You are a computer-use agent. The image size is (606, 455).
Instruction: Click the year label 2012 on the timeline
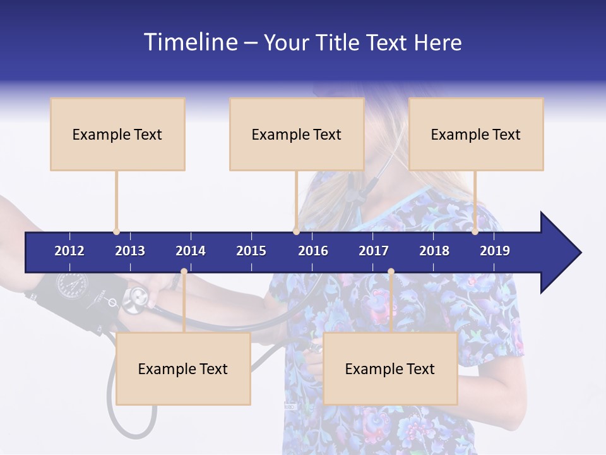(x=69, y=251)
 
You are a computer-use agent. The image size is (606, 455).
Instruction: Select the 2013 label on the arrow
(x=130, y=251)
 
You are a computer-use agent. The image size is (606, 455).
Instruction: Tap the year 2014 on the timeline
(x=191, y=251)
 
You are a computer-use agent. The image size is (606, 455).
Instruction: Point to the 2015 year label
(x=251, y=251)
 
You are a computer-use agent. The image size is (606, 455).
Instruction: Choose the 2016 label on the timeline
(x=313, y=251)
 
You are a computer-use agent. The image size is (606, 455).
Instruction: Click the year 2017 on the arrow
(x=374, y=251)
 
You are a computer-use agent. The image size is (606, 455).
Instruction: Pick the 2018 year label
(x=434, y=251)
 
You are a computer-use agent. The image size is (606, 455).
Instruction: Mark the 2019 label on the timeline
(x=495, y=251)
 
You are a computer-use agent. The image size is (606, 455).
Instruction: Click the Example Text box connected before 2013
(x=117, y=134)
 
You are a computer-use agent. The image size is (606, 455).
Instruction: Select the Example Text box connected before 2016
(x=297, y=134)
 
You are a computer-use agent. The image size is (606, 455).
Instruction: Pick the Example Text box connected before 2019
(x=476, y=134)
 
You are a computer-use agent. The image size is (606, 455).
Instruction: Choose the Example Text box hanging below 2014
(x=183, y=368)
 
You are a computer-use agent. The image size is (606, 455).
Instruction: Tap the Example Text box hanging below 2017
(x=390, y=368)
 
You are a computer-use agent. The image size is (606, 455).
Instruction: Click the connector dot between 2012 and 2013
(x=116, y=231)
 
